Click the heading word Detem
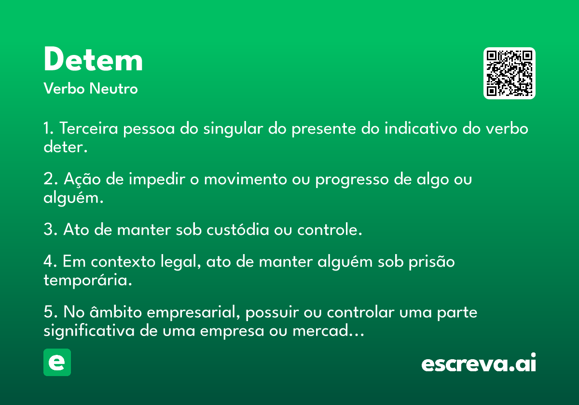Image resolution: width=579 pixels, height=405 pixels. point(93,59)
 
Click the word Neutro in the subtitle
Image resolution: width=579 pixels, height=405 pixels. point(113,89)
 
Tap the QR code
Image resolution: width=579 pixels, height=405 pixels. point(509,73)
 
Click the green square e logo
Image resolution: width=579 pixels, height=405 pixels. point(57,362)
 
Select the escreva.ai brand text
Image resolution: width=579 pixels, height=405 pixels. point(479,362)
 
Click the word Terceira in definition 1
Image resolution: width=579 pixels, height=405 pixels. point(89,128)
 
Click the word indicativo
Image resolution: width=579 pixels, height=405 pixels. point(421,128)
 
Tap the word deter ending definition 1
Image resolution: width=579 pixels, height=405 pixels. point(66,147)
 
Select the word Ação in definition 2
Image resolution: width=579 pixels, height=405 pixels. point(82,179)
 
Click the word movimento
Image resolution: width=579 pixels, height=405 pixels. point(245,179)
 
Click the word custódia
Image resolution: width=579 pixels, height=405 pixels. point(238,229)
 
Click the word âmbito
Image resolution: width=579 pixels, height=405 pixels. point(115,311)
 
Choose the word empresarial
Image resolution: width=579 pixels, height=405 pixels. point(193,312)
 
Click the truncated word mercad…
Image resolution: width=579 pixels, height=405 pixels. point(328,330)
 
